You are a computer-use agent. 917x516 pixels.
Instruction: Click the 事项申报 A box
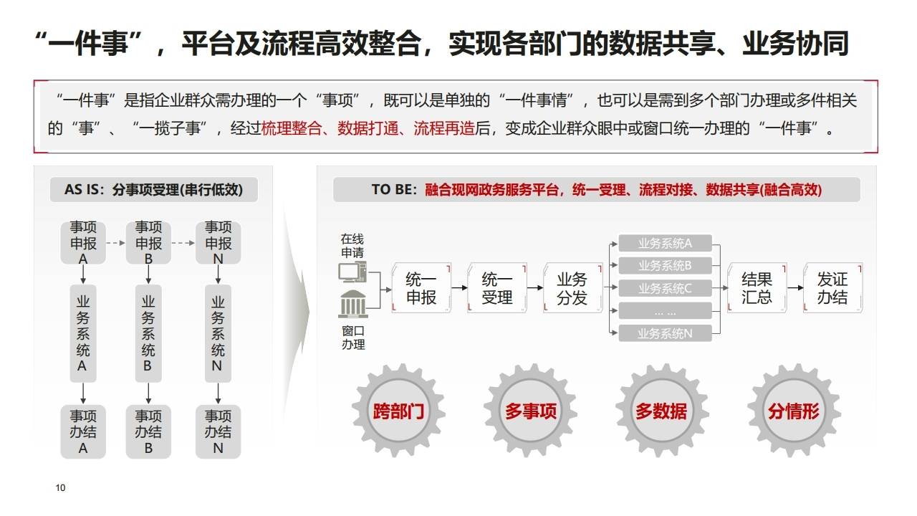pos(83,243)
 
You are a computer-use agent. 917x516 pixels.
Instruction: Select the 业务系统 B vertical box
pos(148,333)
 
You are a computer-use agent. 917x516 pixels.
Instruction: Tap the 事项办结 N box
pos(218,431)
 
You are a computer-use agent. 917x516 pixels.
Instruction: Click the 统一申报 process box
pos(421,288)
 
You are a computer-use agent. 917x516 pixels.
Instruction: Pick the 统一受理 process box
pos(496,288)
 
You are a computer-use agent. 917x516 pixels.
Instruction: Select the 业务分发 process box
pos(572,288)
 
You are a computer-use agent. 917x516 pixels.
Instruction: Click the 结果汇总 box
pos(757,288)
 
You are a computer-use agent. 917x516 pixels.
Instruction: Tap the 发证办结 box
pos(832,288)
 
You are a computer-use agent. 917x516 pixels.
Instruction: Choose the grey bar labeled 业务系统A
pos(665,244)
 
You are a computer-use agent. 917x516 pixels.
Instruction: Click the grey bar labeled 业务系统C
pos(665,289)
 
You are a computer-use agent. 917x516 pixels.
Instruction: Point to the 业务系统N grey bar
pos(665,333)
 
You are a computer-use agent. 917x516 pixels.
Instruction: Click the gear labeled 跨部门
pos(398,411)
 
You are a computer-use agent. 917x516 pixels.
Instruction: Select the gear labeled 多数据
pos(661,411)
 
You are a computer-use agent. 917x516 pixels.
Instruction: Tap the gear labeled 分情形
pos(794,411)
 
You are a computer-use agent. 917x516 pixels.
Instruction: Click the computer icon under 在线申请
pos(352,272)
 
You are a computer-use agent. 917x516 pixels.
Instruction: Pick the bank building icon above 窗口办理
pos(352,305)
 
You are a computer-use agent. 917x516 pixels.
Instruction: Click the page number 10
pos(60,488)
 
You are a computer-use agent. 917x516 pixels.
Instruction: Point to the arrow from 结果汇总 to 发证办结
pos(795,288)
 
